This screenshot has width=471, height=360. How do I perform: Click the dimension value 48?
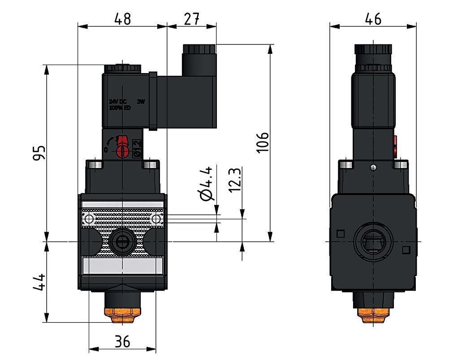(122, 19)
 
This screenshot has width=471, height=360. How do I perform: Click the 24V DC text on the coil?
(118, 102)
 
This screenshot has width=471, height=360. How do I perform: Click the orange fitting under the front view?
(118, 316)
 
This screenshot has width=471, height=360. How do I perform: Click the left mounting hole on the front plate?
(89, 219)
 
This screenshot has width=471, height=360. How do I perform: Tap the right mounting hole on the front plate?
(156, 219)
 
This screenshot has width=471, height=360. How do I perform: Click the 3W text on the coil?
(140, 102)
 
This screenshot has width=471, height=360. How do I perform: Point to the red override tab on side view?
(395, 147)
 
